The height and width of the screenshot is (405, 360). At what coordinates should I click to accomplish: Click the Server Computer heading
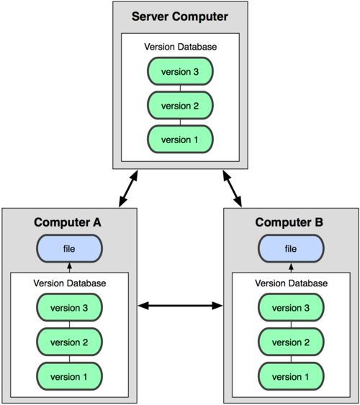(x=180, y=17)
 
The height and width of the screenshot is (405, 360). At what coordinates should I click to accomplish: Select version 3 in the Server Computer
(x=180, y=72)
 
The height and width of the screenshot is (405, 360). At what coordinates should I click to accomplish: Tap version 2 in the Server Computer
(x=180, y=105)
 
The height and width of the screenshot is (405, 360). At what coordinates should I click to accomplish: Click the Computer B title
(x=291, y=222)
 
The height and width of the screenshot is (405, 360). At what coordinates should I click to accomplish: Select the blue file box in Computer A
(x=70, y=249)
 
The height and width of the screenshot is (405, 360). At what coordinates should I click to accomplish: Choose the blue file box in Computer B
(x=291, y=249)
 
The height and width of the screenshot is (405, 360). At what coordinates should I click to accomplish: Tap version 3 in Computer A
(x=70, y=308)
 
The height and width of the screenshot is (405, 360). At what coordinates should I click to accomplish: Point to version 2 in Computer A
(x=70, y=341)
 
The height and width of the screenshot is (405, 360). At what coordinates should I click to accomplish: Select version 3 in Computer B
(x=291, y=308)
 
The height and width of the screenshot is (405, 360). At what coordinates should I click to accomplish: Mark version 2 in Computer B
(x=291, y=341)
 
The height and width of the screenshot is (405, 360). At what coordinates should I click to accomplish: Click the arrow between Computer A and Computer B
(x=180, y=306)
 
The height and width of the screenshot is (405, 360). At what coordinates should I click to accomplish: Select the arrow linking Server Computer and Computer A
(x=127, y=188)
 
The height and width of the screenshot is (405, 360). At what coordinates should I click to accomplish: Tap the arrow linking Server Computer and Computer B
(x=233, y=188)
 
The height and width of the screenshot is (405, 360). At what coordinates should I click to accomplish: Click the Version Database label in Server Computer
(x=180, y=47)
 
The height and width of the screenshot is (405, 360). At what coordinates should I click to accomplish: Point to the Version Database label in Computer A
(x=70, y=283)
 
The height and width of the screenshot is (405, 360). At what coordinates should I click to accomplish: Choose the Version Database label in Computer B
(x=291, y=283)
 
